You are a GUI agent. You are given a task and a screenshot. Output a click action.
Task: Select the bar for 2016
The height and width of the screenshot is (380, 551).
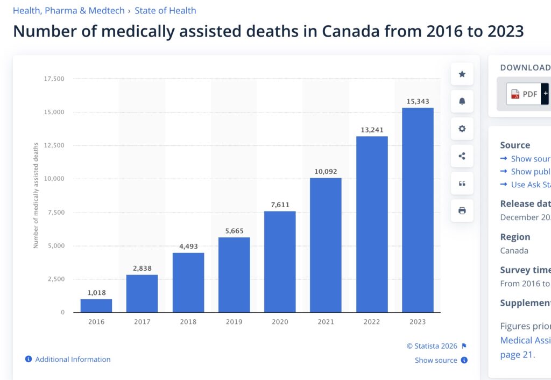pyautogui.click(x=96, y=306)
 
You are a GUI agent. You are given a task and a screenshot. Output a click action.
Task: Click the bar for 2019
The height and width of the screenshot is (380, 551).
pyautogui.click(x=234, y=275)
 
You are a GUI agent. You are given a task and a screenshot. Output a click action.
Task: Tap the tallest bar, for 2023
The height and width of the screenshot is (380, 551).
pyautogui.click(x=418, y=210)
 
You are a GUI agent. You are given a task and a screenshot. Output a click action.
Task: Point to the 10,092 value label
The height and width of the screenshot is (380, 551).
pyautogui.click(x=326, y=172)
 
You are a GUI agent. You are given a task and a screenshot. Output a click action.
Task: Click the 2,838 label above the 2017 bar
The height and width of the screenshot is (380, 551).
pyautogui.click(x=142, y=268)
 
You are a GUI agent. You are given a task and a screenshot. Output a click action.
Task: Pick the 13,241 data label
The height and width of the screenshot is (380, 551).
pyautogui.click(x=372, y=130)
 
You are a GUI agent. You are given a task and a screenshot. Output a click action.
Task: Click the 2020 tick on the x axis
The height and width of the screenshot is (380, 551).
pyautogui.click(x=280, y=322)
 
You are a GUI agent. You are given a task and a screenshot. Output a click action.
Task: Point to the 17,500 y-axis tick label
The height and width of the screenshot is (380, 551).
pyautogui.click(x=54, y=79)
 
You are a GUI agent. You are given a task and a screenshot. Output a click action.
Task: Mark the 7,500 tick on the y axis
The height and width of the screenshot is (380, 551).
pyautogui.click(x=55, y=213)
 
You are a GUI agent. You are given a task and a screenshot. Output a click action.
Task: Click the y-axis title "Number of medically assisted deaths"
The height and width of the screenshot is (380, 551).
pyautogui.click(x=36, y=195)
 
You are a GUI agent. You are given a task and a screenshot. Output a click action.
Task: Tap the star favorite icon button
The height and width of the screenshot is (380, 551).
pyautogui.click(x=462, y=74)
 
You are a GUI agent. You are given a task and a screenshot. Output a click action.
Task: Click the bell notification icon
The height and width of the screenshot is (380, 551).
pyautogui.click(x=462, y=101)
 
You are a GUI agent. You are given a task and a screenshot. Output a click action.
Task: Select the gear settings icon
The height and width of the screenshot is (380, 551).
pyautogui.click(x=462, y=129)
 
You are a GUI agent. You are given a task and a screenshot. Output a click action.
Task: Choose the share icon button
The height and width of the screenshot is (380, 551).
pyautogui.click(x=462, y=156)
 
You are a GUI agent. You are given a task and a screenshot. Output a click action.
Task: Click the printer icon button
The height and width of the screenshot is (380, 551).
pyautogui.click(x=462, y=210)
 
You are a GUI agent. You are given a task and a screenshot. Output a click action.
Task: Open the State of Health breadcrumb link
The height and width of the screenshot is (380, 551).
pyautogui.click(x=165, y=10)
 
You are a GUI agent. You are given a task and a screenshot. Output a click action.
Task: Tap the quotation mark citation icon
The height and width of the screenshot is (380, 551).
pyautogui.click(x=462, y=184)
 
